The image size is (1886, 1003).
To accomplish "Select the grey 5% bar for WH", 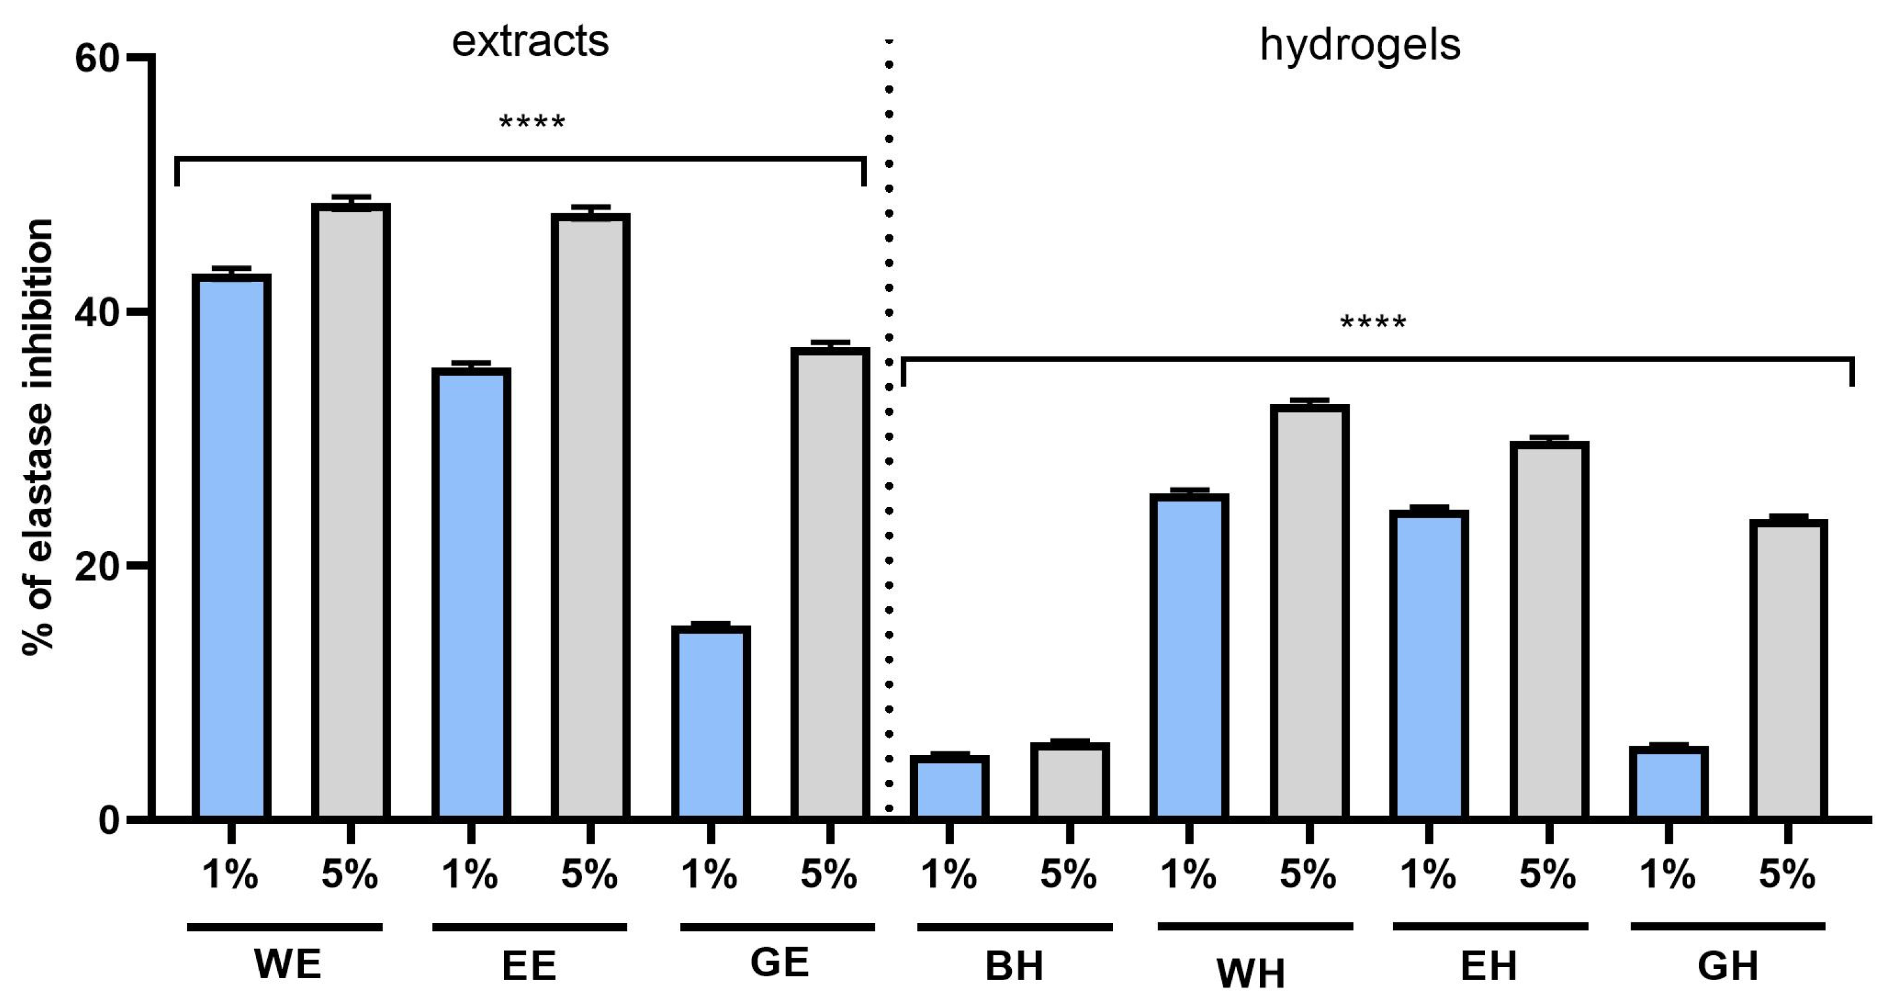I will click(1309, 611).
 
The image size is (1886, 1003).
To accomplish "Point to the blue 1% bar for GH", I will click(1668, 782).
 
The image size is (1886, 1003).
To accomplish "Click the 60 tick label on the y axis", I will click(97, 58).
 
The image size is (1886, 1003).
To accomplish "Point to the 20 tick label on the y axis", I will click(97, 566).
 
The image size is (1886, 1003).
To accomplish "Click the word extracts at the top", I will click(530, 42).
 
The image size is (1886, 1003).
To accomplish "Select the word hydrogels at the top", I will click(1360, 45).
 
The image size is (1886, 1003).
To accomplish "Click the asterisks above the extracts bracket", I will click(533, 122).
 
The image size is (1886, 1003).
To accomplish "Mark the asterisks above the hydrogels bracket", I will click(1373, 322).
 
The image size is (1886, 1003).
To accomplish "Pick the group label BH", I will click(1014, 966).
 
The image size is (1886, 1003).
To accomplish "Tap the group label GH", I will click(1728, 966).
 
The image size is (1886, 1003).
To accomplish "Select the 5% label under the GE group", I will click(829, 874).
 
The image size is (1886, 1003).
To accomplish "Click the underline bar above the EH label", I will click(1490, 927).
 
